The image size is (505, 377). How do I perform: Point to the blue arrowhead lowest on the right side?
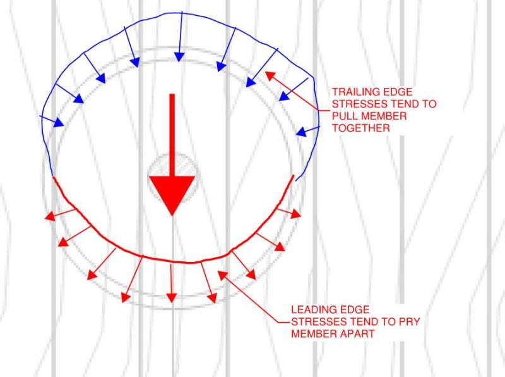tap(302, 133)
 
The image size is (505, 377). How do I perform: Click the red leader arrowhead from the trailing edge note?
tap(269, 75)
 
